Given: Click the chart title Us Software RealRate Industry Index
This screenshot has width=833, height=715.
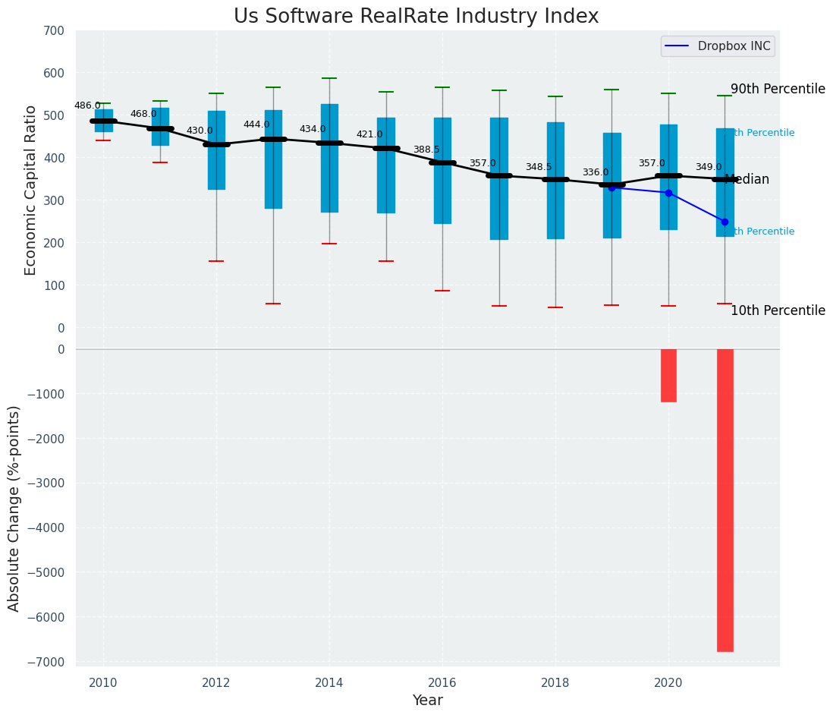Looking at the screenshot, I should coord(416,17).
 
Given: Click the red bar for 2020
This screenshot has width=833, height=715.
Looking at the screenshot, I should coord(668,375).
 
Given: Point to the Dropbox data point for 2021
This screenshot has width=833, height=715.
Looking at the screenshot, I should coord(725,222).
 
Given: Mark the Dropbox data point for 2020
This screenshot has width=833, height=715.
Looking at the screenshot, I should coord(668,193).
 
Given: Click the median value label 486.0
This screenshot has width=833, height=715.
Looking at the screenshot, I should coord(87,106).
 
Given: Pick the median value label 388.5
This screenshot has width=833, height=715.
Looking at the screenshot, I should coord(426,150).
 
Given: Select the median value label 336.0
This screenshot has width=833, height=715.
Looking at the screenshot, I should coord(596,172).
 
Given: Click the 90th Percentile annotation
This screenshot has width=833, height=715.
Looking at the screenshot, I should coord(778,89).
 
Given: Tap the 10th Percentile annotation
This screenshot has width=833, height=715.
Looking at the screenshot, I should coord(778,310).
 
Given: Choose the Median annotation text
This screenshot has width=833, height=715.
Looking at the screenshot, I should coord(747,180).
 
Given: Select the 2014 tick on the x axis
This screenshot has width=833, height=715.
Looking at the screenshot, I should coord(329,682).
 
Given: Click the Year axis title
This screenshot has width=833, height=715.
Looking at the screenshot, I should coord(427,701).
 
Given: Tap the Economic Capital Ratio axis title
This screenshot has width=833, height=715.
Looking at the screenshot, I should coord(31,190).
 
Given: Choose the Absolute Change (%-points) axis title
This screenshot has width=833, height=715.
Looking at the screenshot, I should coord(14,508).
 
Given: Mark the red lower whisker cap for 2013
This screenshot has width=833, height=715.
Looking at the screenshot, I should coord(273,304).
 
